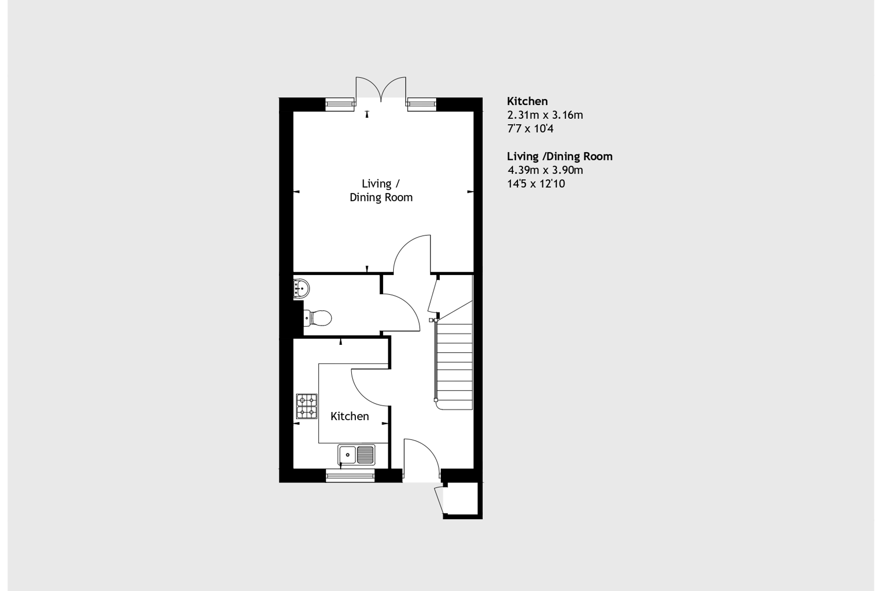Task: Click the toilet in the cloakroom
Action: [318, 318]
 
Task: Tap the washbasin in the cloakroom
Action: [301, 288]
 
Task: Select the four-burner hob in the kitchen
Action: [306, 406]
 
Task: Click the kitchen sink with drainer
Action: [356, 455]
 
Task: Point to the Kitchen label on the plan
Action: [349, 416]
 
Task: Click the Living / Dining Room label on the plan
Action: [381, 190]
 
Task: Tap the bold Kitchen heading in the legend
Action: [527, 101]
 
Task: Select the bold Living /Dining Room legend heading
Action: [560, 157]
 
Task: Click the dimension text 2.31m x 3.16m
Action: [545, 115]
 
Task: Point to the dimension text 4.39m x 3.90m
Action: [545, 170]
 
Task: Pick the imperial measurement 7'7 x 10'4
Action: [530, 129]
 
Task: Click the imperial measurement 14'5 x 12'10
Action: [536, 184]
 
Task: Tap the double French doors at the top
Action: [380, 89]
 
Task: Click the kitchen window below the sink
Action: [350, 476]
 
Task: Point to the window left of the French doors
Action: [340, 104]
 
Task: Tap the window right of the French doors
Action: [422, 104]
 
